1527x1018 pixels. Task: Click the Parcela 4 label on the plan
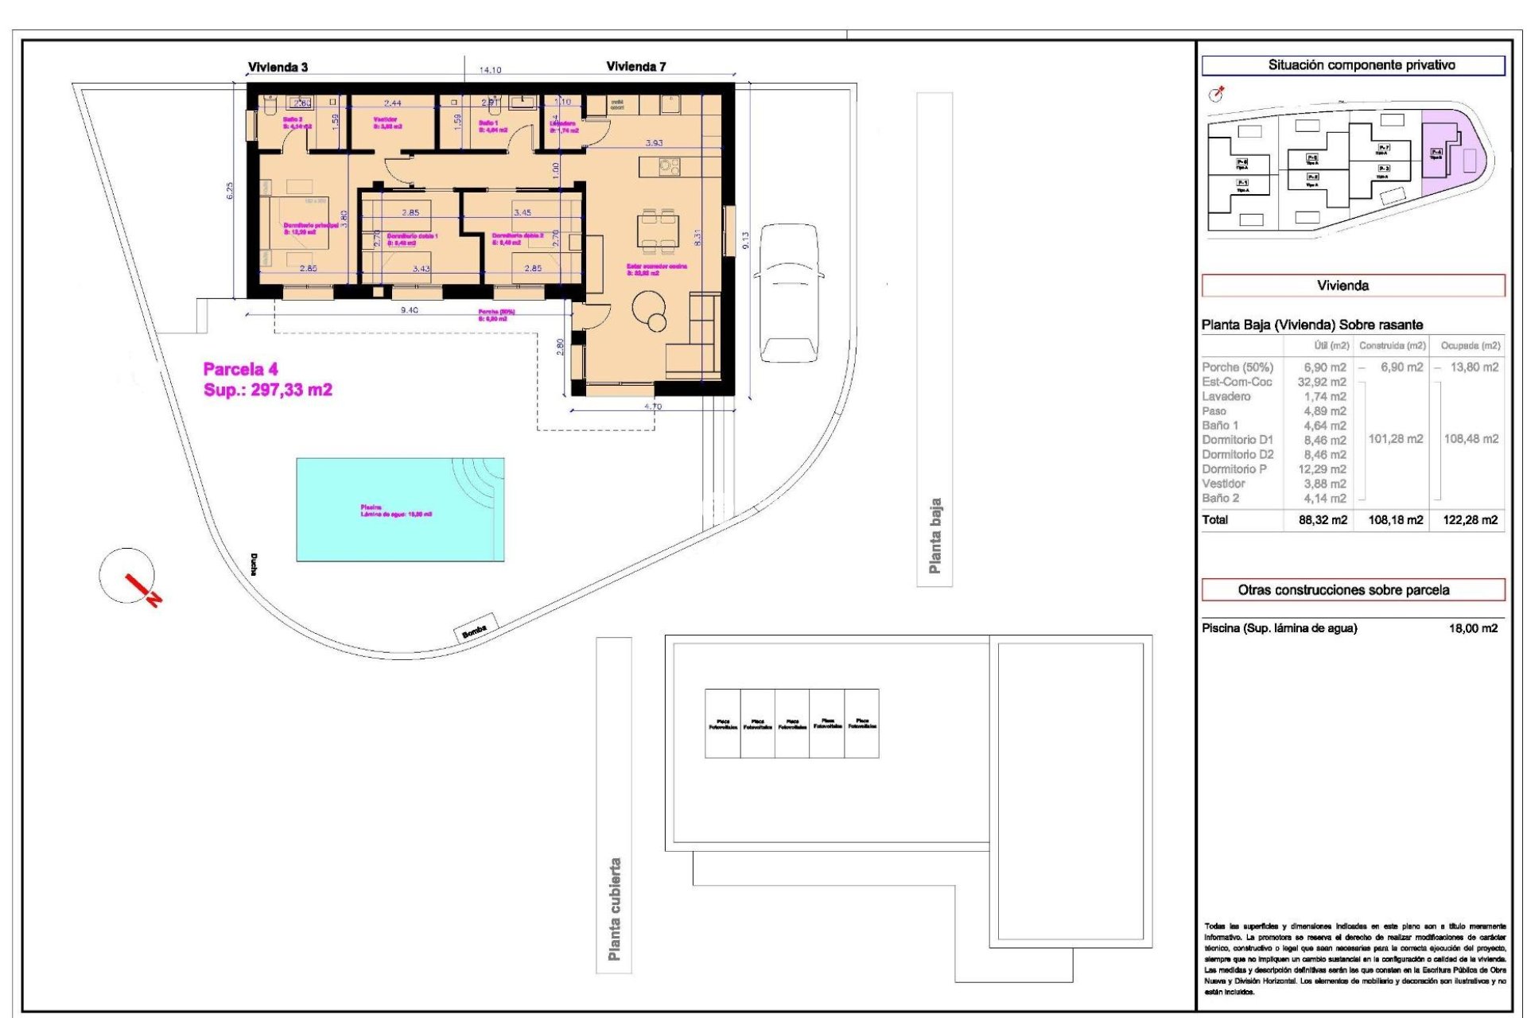coord(241,369)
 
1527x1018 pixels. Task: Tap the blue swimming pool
coord(400,509)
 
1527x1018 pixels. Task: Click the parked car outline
coord(789,292)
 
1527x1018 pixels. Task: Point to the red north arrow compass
coord(131,580)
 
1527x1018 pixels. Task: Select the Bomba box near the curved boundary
coord(475,628)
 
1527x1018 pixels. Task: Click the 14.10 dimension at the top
coord(490,70)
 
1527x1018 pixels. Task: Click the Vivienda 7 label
coord(635,67)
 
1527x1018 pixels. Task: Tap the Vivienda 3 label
coord(278,68)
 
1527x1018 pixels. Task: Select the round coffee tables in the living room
coord(650,309)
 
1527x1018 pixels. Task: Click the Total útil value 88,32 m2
coord(1323,520)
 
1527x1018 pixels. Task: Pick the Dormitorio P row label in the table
coord(1234,469)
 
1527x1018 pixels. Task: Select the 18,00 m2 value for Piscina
coord(1473,628)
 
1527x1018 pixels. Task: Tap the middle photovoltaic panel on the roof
coord(792,724)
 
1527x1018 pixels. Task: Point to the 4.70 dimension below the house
coord(652,407)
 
